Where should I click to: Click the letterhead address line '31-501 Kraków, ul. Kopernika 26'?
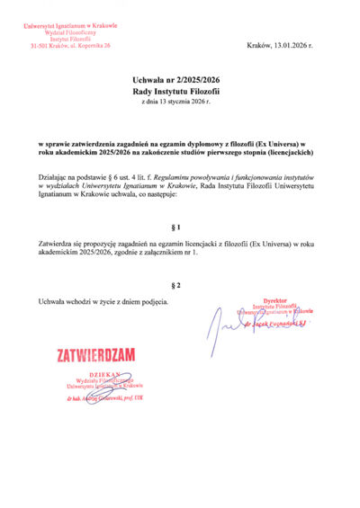tap(70, 44)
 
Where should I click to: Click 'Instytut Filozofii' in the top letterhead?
tap(70, 38)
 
